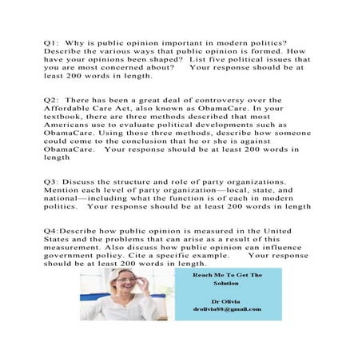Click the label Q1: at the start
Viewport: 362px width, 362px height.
[x=52, y=41]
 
